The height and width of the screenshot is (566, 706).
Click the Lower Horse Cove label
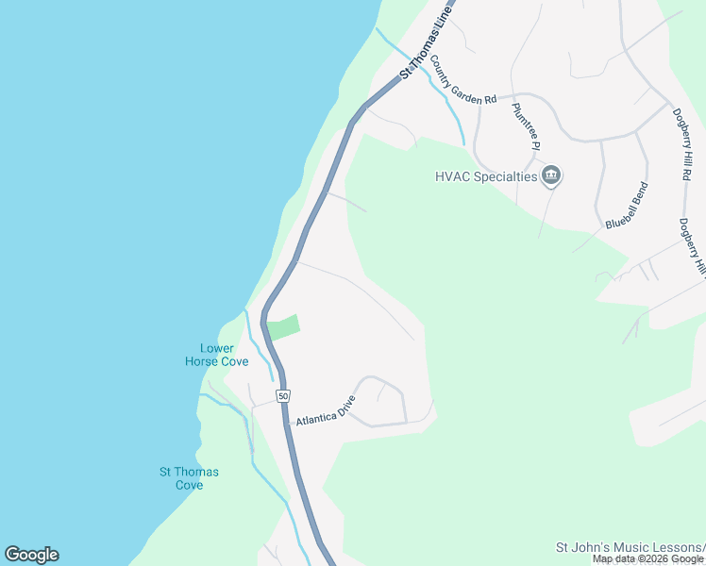pos(216,355)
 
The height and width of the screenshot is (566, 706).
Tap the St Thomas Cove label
pos(189,478)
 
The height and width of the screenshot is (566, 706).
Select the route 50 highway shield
pos(283,396)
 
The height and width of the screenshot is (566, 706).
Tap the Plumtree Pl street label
pos(525,126)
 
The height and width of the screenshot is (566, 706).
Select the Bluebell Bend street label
pos(629,205)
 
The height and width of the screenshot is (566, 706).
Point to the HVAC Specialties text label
pos(485,175)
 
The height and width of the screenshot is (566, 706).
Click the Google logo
pos(31,555)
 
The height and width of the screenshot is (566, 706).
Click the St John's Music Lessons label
pos(629,547)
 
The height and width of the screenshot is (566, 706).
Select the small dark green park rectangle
pos(283,327)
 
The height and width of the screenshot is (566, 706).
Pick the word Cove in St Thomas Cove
pos(189,485)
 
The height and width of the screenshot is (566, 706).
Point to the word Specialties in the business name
pos(505,175)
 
